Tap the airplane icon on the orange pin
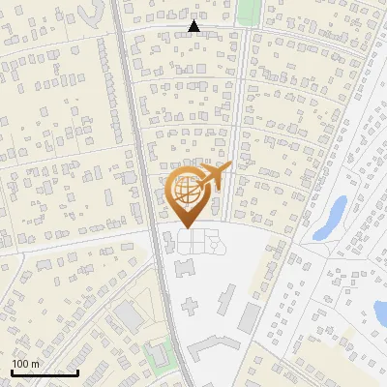[216, 177]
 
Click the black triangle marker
[194, 27]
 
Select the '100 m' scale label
[25, 364]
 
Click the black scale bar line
[45, 372]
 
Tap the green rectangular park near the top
[250, 12]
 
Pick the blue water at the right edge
[380, 312]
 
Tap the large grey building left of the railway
[129, 315]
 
